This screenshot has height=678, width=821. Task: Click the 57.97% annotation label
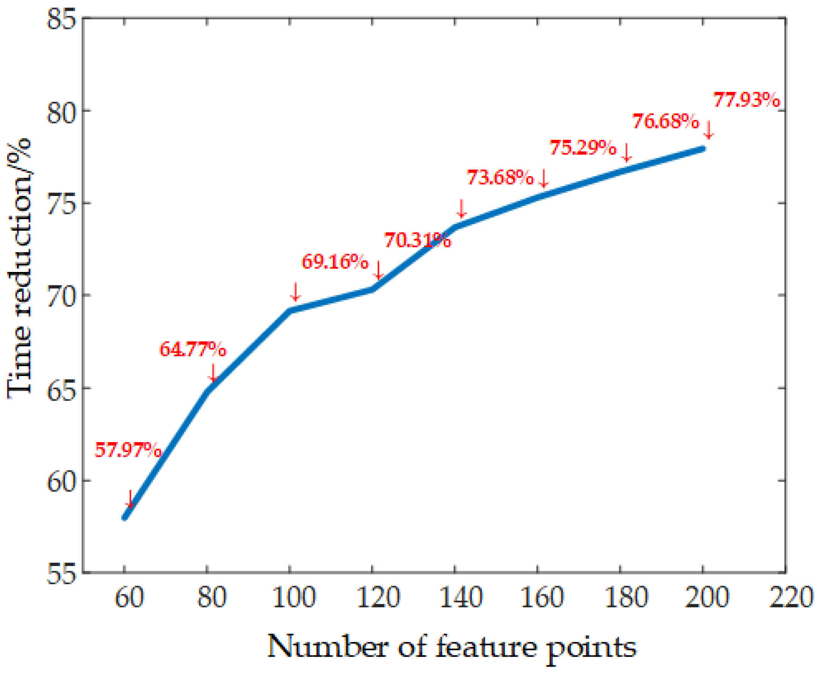[128, 450]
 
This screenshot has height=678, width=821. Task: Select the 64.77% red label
[192, 349]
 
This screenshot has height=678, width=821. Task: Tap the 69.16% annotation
[335, 261]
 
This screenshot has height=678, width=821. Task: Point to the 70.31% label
[417, 240]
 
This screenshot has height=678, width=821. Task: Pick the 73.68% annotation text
[500, 177]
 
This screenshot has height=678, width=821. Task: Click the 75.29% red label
[583, 148]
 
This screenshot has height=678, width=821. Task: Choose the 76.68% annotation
[665, 121]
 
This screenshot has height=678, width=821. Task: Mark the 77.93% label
[747, 100]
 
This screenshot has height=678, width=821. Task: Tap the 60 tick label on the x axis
[129, 597]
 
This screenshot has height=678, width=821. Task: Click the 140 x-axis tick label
[461, 597]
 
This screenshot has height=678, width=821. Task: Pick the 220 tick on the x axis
[791, 597]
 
